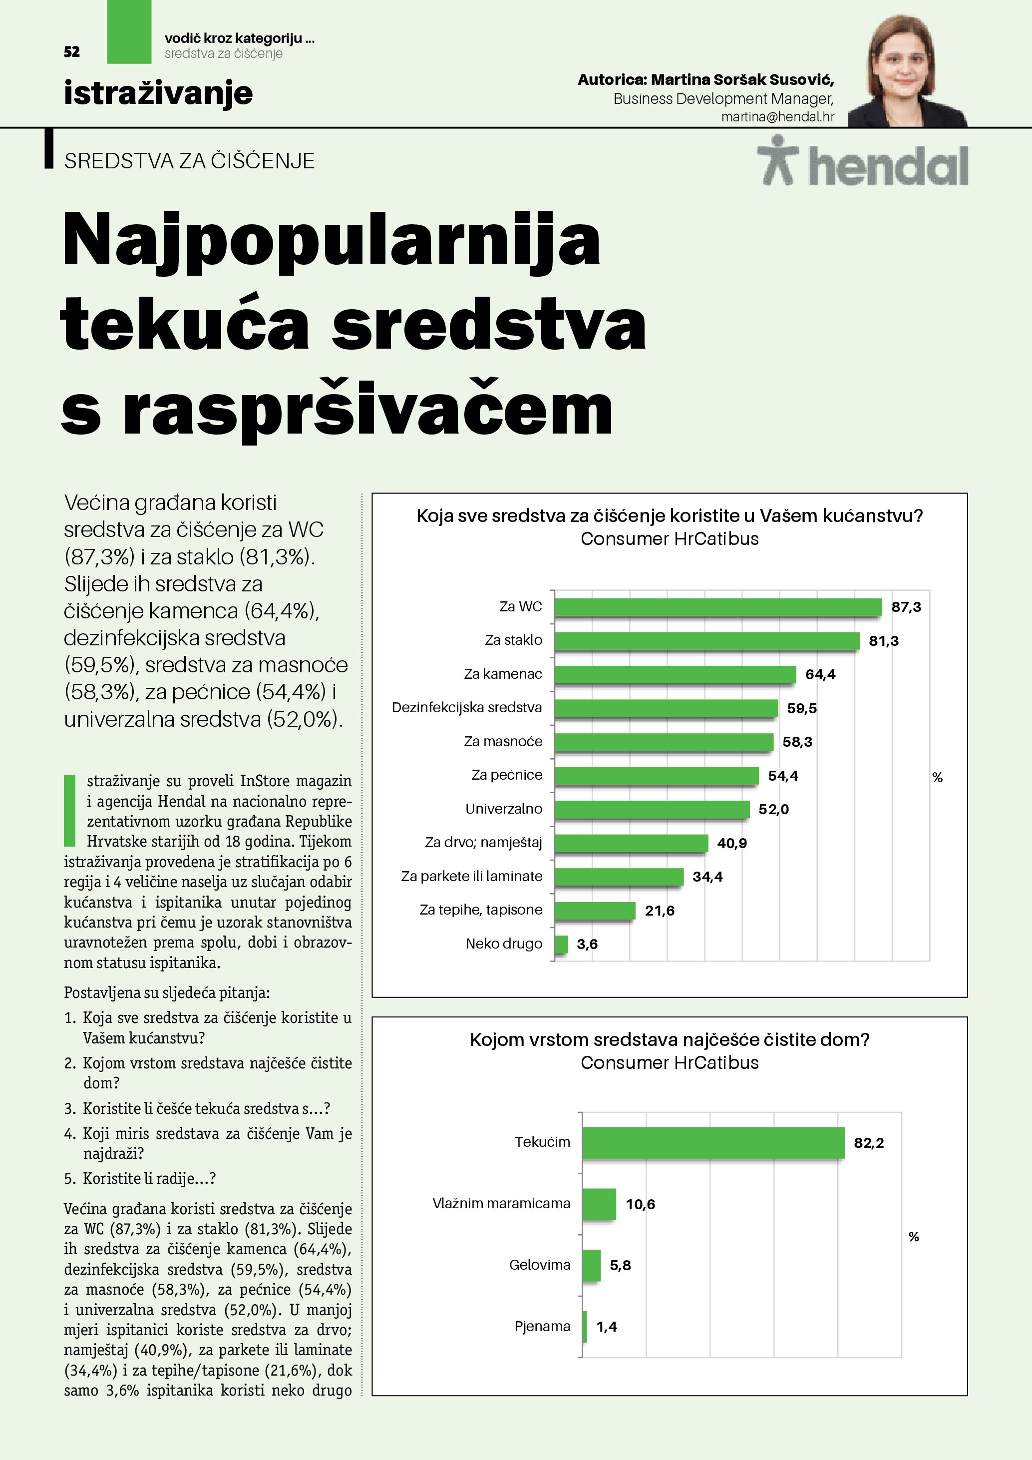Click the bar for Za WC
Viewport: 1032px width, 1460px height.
pos(717,607)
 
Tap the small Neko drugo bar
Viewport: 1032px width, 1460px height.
pos(561,945)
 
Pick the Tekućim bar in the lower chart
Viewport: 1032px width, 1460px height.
pos(713,1143)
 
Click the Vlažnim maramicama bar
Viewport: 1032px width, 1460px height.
pos(599,1204)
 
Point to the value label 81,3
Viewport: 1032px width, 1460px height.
pos(883,641)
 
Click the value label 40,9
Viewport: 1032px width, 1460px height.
pos(732,843)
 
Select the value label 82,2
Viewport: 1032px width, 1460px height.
pos(869,1143)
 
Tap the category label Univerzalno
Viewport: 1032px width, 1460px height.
pos(503,809)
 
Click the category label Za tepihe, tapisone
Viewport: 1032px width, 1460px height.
pos(480,910)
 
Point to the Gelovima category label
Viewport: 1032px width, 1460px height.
pos(540,1265)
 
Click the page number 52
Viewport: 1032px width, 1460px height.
pos(72,52)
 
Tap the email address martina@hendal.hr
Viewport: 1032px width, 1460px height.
pos(777,117)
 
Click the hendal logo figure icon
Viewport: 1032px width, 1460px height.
pos(778,160)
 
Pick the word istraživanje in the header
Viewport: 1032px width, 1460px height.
pos(158,93)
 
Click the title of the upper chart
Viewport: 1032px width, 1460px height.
pos(669,515)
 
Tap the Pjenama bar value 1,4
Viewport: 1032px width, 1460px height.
pos(606,1327)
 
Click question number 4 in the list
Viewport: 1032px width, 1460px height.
pos(70,1134)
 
